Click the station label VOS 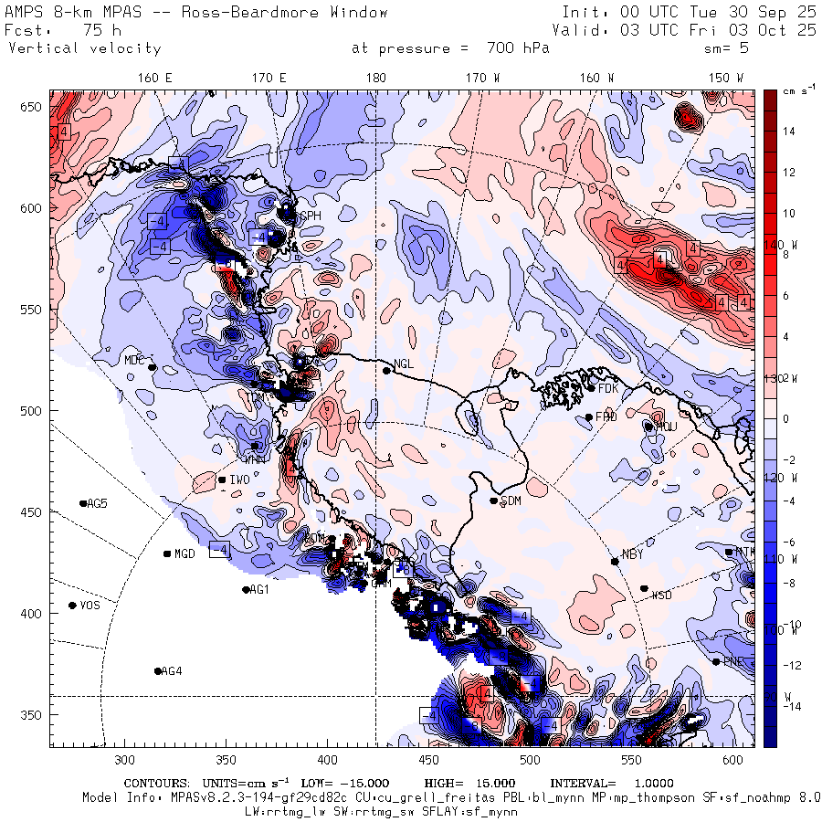tap(90, 606)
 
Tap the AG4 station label tap(171, 671)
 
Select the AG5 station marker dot tap(83, 503)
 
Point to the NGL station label tap(404, 364)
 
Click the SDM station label tap(511, 501)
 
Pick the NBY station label tap(632, 555)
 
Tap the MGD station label tap(185, 554)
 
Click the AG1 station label tap(259, 590)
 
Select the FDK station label tap(609, 388)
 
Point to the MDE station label tap(134, 360)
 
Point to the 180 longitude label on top tap(375, 79)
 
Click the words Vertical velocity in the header tap(84, 48)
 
